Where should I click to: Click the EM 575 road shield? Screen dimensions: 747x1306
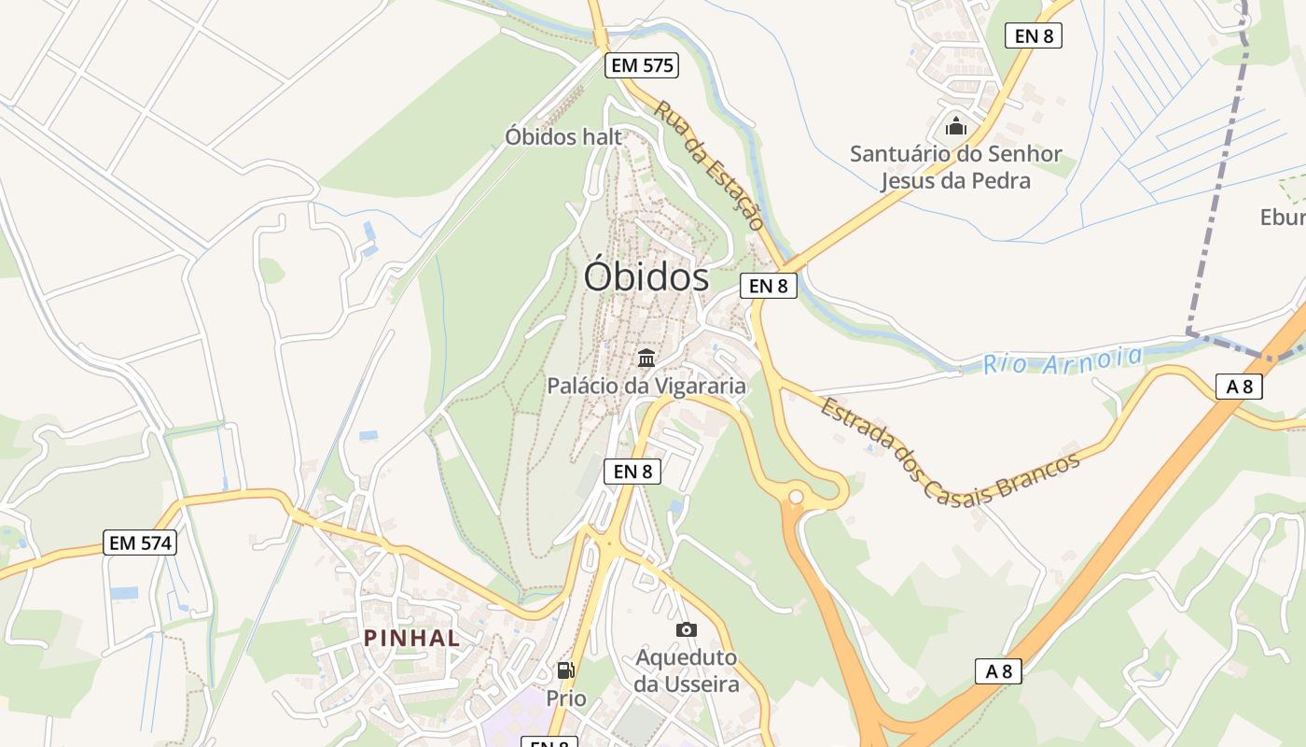[641, 65]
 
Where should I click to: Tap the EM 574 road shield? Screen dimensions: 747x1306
[140, 543]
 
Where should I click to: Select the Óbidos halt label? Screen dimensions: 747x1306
[563, 136]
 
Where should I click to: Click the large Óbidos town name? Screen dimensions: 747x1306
[646, 277]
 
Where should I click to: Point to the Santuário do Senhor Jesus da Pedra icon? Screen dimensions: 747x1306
[956, 125]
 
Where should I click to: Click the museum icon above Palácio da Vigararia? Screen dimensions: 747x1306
[646, 358]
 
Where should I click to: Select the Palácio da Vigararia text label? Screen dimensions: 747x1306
[646, 386]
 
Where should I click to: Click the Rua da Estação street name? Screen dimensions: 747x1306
[709, 165]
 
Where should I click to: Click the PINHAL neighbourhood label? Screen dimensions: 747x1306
[411, 639]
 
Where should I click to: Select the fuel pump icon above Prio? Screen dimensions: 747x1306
[565, 669]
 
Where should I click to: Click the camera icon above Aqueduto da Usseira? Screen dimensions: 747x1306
[687, 629]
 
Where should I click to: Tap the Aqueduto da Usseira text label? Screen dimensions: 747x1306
[687, 670]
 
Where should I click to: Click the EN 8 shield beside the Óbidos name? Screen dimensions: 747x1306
[769, 286]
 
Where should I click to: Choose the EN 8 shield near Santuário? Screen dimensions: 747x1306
[1034, 36]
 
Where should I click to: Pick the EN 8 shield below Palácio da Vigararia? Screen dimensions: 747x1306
[633, 472]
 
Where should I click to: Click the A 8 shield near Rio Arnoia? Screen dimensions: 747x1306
[1239, 386]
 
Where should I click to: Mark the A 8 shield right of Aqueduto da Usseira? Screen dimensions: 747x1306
[998, 670]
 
